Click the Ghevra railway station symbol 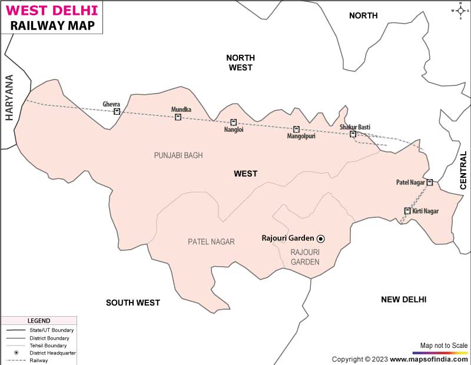pyautogui.click(x=117, y=111)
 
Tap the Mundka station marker pyautogui.click(x=178, y=117)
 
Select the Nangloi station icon pyautogui.click(x=233, y=122)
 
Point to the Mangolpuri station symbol pyautogui.click(x=296, y=129)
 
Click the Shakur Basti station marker pyautogui.click(x=353, y=134)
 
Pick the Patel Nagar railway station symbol pyautogui.click(x=430, y=182)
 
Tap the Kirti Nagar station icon pyautogui.click(x=407, y=211)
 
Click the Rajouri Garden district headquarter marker pyautogui.click(x=321, y=238)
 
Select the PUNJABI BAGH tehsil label pyautogui.click(x=178, y=155)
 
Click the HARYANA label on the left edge pyautogui.click(x=9, y=97)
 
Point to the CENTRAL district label pyautogui.click(x=463, y=170)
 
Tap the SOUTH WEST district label pyautogui.click(x=132, y=303)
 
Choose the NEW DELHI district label pyautogui.click(x=403, y=300)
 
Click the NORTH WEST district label pyautogui.click(x=240, y=62)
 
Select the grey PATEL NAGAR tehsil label pyautogui.click(x=211, y=241)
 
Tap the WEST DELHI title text pyautogui.click(x=50, y=10)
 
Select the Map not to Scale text pyautogui.click(x=443, y=345)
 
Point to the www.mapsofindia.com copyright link pyautogui.click(x=429, y=359)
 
